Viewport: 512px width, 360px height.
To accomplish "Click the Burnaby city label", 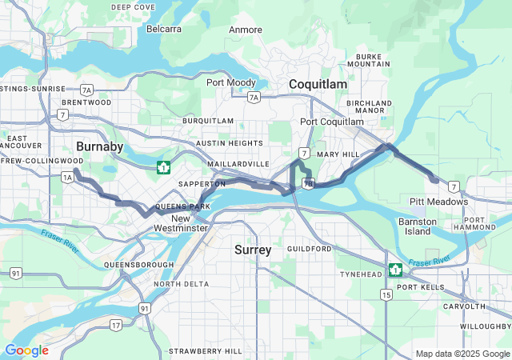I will point(99,146).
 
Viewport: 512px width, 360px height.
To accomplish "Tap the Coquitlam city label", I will point(318,84).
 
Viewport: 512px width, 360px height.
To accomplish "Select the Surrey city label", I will point(253,250).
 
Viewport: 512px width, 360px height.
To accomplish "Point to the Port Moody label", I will point(231,82).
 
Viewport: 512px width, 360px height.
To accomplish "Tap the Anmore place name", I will point(246,30).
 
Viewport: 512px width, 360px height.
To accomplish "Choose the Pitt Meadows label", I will point(438,202).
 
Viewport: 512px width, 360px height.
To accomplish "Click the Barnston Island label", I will point(418,226).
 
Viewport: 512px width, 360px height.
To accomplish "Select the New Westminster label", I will point(182,223).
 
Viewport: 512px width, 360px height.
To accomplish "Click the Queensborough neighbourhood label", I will point(139,264).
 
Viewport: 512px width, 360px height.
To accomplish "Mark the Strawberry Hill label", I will point(206,351).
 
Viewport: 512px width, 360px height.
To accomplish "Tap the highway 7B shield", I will point(308,183).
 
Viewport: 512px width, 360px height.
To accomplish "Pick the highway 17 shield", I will point(117,324).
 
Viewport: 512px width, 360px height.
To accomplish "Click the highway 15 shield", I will point(387,295).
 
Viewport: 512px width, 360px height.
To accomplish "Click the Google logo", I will point(26,350).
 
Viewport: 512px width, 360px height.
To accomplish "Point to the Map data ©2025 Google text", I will point(462,354).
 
